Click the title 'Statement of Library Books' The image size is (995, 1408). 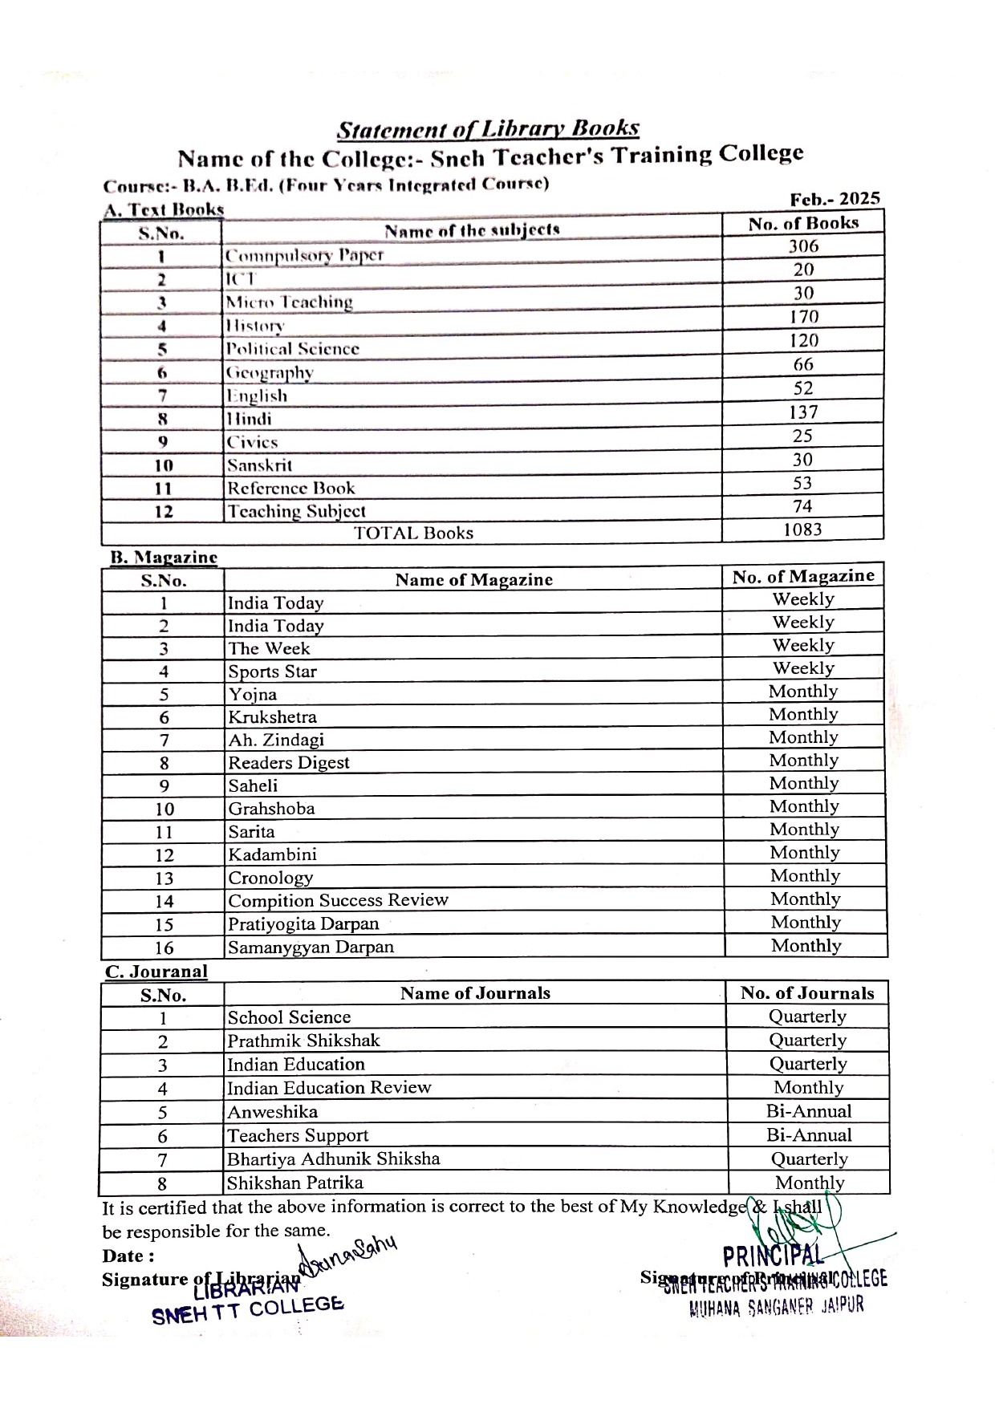click(488, 129)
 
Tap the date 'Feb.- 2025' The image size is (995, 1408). click(835, 199)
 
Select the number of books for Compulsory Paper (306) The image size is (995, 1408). click(803, 246)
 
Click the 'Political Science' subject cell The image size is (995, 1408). click(292, 349)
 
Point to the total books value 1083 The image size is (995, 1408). click(802, 530)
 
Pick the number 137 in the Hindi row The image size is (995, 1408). click(803, 412)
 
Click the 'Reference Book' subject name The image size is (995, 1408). click(290, 489)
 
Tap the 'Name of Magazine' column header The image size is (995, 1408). click(473, 580)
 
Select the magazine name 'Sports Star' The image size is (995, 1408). click(272, 672)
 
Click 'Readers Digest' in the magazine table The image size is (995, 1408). click(289, 763)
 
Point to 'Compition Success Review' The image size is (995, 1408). click(338, 900)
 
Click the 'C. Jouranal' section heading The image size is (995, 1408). click(156, 972)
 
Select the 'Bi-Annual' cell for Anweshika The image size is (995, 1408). click(809, 1112)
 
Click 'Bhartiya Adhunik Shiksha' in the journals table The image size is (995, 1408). click(333, 1159)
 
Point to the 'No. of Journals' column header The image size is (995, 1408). click(807, 993)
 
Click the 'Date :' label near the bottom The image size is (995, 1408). click(128, 1256)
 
